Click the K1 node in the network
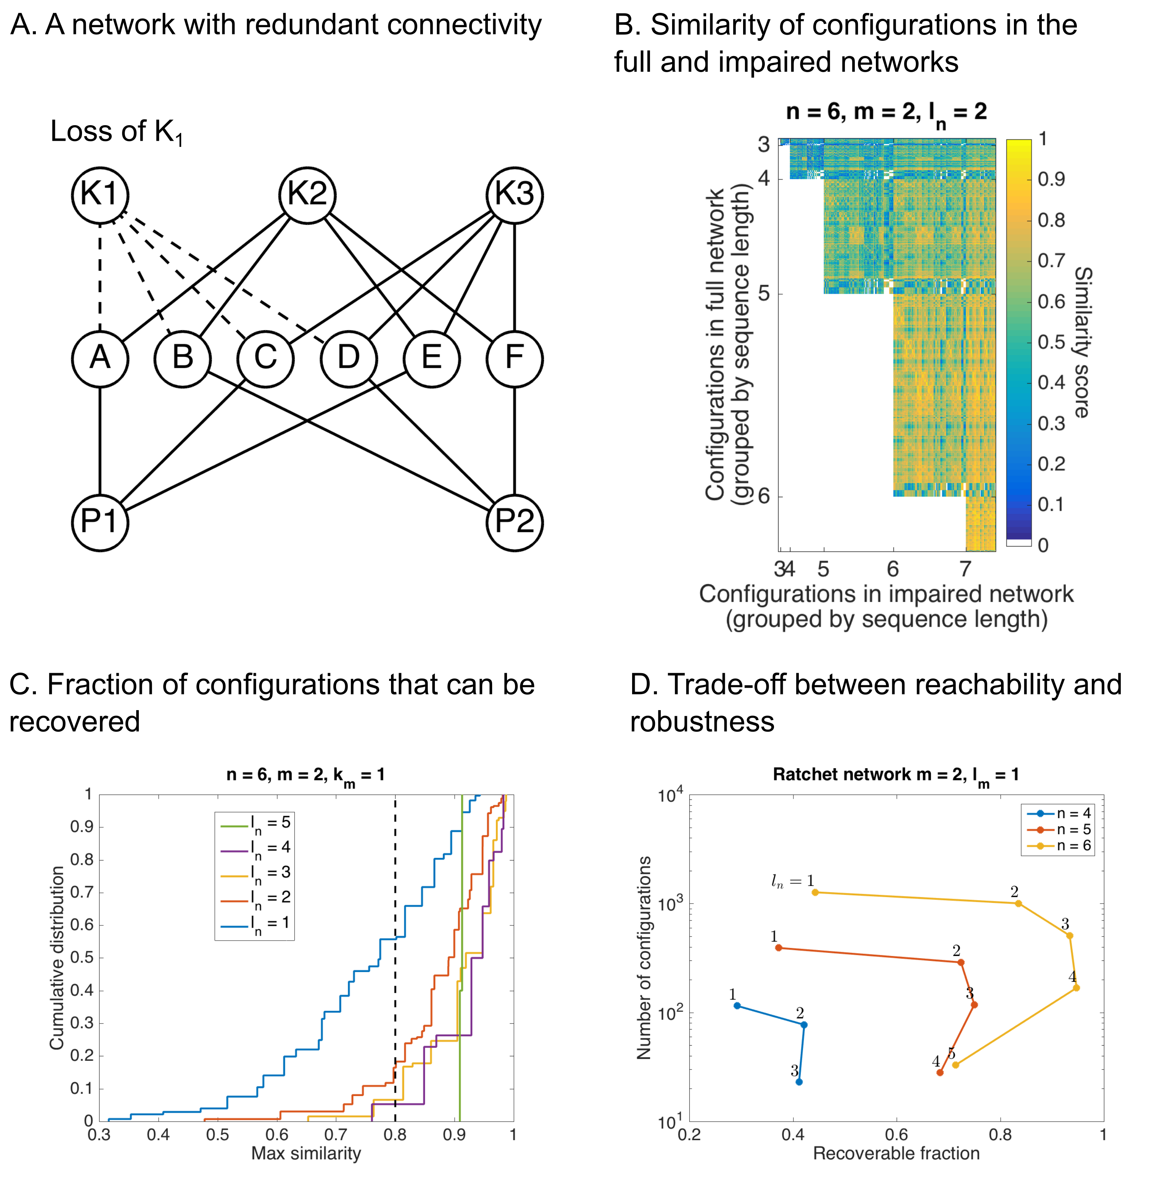[100, 195]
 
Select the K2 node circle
[307, 195]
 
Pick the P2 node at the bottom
[515, 522]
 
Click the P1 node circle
[100, 522]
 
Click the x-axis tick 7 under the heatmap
[965, 569]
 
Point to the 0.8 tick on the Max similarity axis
[395, 1135]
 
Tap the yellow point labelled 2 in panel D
[1018, 903]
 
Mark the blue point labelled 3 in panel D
[799, 1082]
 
